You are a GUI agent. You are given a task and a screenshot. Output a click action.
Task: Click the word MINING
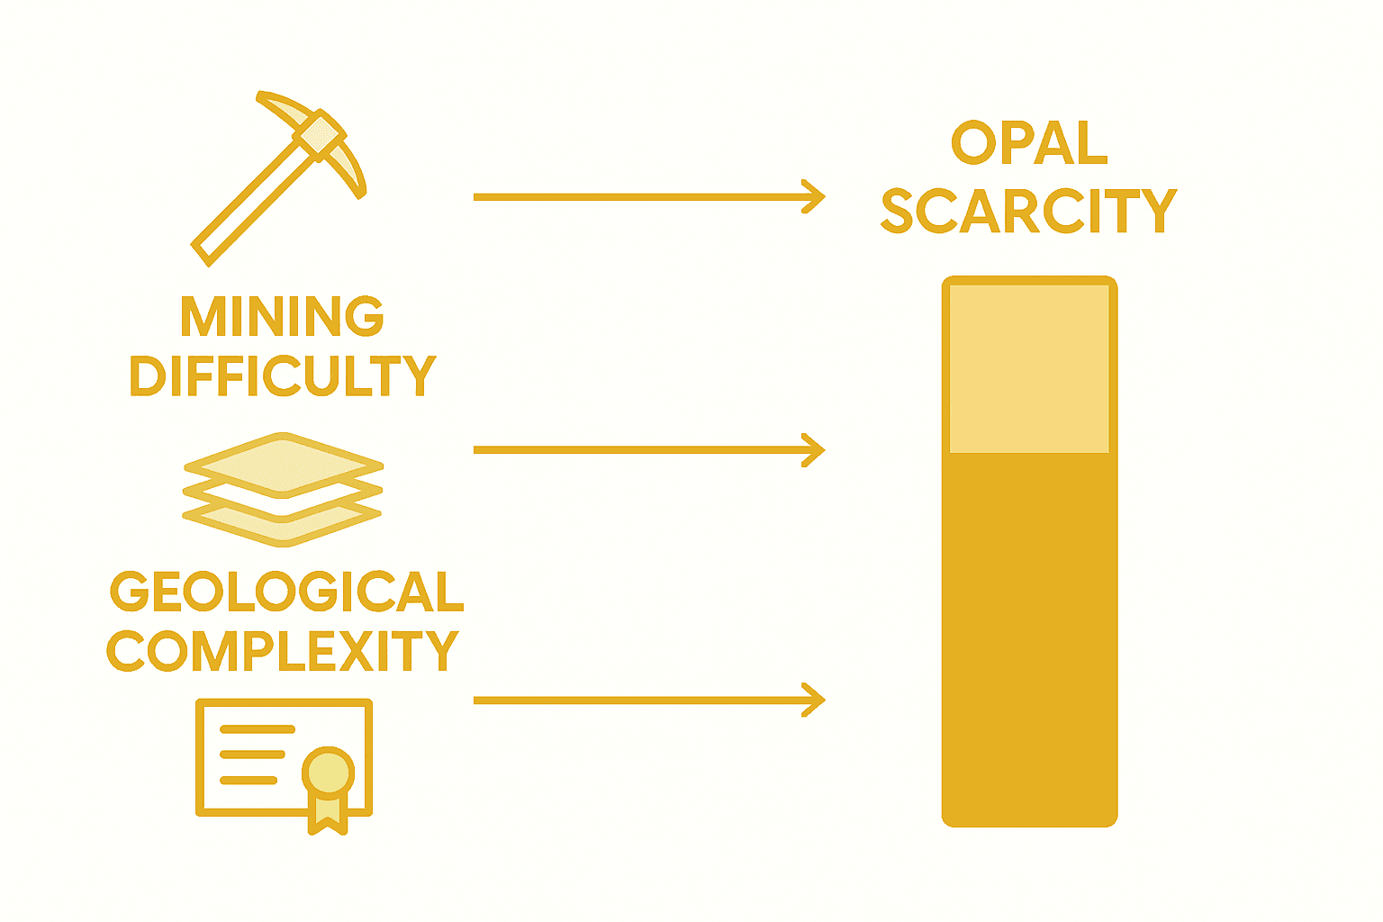point(282,316)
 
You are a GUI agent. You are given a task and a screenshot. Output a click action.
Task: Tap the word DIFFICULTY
point(283,376)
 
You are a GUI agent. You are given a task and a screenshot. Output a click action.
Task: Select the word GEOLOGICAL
point(286,592)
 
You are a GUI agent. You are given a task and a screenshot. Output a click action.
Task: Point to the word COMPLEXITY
point(283,651)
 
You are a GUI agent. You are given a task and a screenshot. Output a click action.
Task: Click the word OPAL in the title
point(1029,143)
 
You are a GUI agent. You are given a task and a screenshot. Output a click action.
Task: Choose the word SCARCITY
point(1029,211)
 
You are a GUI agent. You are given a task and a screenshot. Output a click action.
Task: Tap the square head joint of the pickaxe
point(318,136)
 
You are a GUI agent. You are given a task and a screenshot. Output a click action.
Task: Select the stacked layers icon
point(283,489)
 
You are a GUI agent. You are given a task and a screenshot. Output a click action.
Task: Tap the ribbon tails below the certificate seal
point(328,816)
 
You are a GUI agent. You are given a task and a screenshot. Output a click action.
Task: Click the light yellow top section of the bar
point(1029,369)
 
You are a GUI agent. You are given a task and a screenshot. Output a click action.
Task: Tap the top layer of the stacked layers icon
point(283,465)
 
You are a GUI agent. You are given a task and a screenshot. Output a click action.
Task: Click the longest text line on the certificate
point(257,729)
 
